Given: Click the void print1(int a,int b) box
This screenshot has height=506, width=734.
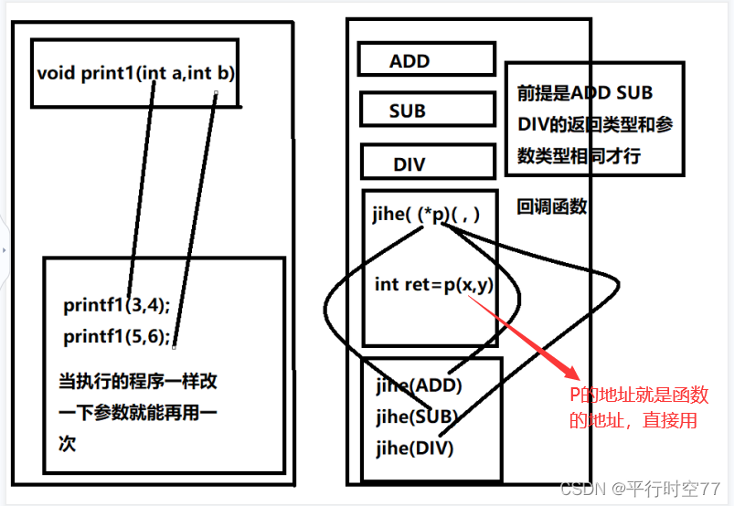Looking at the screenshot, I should tap(134, 73).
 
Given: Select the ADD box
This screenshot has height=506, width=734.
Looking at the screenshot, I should tap(409, 61).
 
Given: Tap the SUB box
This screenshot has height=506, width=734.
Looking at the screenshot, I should tap(408, 111).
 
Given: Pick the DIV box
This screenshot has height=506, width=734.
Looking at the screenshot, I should tap(409, 164).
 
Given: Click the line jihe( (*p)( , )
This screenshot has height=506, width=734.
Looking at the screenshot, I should tap(427, 214).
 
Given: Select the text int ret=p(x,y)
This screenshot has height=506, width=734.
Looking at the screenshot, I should tap(433, 284).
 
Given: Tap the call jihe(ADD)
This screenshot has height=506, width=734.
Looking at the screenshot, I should tap(419, 385).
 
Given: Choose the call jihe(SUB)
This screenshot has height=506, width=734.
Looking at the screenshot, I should tap(417, 416).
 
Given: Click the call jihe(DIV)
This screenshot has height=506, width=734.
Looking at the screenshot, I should tap(415, 448).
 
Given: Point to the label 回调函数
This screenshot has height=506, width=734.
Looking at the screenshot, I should tap(552, 206).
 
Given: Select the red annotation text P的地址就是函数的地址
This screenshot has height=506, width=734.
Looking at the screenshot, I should tap(638, 407).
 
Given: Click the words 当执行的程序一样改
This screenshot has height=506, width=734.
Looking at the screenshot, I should tap(138, 381).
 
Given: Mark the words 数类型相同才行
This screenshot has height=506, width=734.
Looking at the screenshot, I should tap(580, 155).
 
